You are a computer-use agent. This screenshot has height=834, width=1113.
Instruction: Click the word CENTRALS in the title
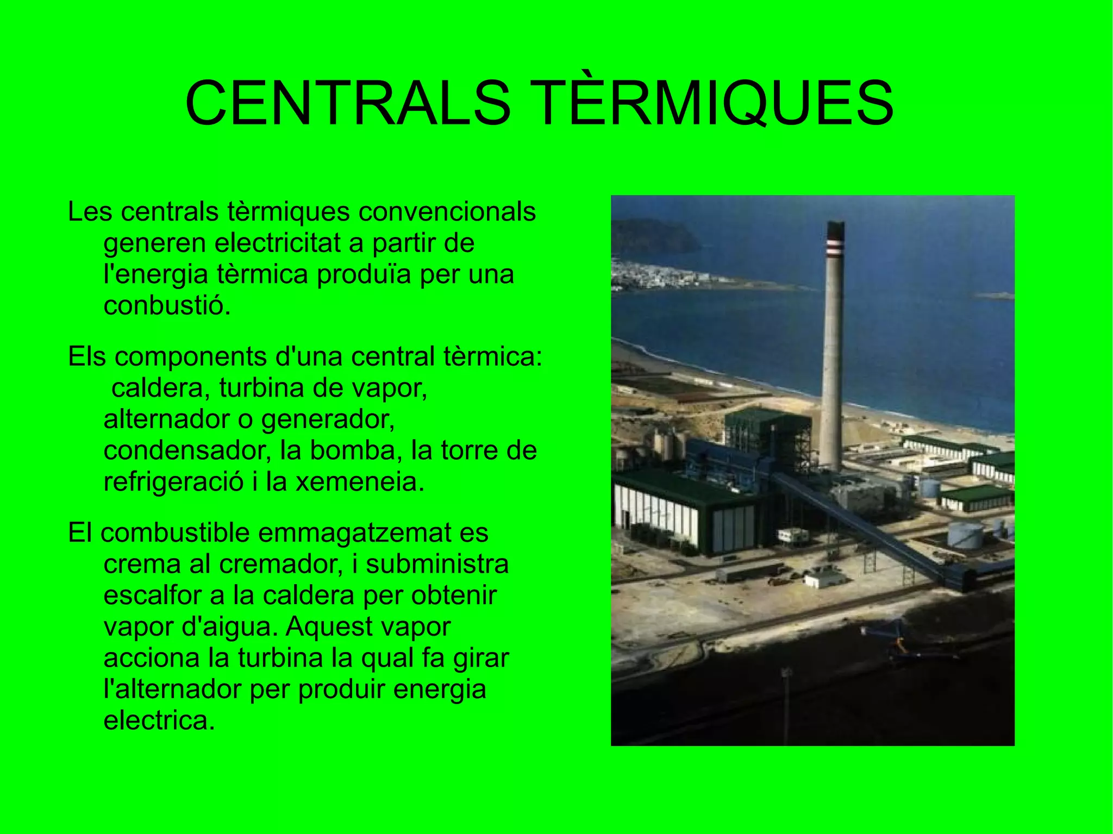(348, 103)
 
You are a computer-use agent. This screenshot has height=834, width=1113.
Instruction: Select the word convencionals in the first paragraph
(447, 212)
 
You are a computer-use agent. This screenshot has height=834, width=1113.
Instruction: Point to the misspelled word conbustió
(167, 306)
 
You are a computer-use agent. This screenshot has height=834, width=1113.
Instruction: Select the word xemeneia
(359, 482)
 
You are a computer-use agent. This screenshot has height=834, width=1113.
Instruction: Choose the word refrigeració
(173, 482)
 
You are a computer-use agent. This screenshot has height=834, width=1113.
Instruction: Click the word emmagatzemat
(354, 533)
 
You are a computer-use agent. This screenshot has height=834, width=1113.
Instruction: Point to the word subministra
(437, 565)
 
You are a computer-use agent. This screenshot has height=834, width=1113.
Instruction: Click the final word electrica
(159, 721)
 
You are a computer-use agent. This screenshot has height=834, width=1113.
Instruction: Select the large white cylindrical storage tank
(965, 534)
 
